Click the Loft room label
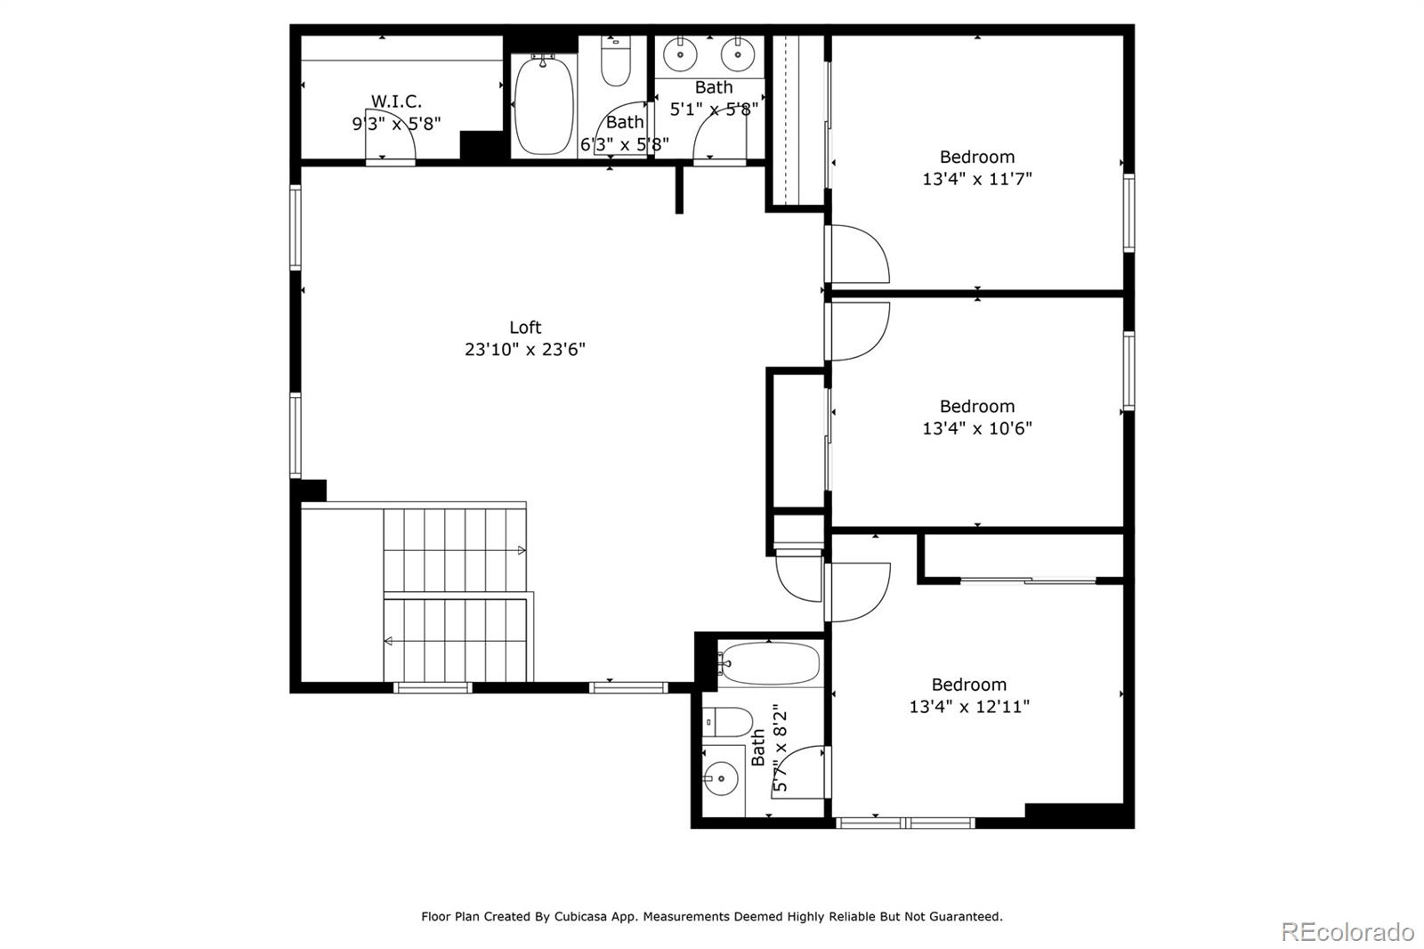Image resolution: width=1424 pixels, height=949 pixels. point(525,328)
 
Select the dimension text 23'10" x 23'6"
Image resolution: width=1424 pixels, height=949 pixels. point(525,349)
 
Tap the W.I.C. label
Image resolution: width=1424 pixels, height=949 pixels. point(396,101)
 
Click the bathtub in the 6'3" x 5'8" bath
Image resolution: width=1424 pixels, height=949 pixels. point(543,105)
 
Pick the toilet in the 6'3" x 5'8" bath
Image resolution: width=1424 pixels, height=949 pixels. point(616,62)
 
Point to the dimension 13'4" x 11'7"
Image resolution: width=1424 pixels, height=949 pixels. point(976,179)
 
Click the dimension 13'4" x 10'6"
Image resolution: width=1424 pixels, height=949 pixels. point(976,428)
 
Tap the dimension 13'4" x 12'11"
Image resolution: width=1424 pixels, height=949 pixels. point(968,707)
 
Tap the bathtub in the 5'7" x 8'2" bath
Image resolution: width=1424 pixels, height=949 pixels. point(769,662)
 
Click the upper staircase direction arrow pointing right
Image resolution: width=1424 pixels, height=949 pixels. point(522,551)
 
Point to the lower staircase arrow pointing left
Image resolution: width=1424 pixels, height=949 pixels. point(389,641)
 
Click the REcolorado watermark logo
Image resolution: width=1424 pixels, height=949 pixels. point(1347,932)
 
